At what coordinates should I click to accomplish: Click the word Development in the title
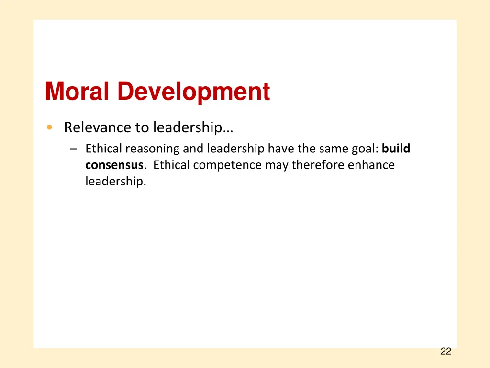tap(193, 92)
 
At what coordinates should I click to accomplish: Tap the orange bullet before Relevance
tap(49, 127)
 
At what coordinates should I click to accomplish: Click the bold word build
tap(396, 149)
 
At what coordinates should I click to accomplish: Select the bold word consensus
tap(114, 165)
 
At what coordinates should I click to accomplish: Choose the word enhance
tap(371, 165)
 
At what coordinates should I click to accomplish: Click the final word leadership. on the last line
tap(115, 182)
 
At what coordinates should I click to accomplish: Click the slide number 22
tap(445, 352)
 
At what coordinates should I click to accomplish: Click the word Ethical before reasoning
tap(104, 149)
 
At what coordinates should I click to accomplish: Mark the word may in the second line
tap(279, 165)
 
